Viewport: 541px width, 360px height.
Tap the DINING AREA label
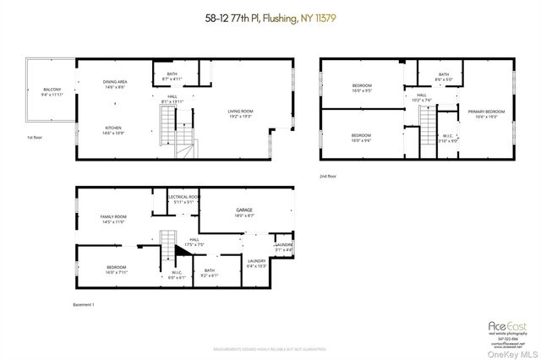coord(114,84)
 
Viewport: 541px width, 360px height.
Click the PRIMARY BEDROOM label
coord(486,113)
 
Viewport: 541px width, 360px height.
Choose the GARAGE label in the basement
coord(244,212)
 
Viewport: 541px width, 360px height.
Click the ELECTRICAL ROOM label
coord(183,199)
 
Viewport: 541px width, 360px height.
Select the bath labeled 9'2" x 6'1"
coord(209,273)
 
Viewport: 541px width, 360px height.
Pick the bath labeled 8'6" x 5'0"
coord(444,77)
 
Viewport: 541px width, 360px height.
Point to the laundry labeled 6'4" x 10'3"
coord(256,263)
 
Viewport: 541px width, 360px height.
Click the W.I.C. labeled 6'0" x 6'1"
coord(178,274)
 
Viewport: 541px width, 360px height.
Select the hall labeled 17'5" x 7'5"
coord(194,242)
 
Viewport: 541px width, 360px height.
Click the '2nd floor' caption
coord(328,177)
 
